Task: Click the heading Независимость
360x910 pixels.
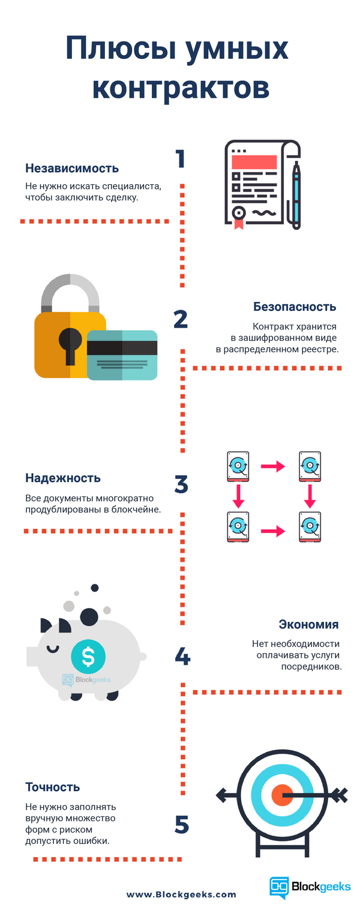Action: (72, 168)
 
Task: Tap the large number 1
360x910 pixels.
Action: (180, 159)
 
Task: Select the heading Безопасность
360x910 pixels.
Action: (294, 307)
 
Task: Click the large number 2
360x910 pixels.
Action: (181, 319)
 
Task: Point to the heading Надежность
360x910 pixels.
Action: (63, 478)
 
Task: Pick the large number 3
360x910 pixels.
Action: (181, 484)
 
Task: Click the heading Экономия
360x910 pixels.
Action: (309, 624)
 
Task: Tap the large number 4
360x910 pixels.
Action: (182, 656)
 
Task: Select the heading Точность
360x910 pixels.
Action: (53, 787)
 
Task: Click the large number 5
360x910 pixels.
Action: (182, 825)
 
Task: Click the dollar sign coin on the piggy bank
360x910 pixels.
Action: (88, 656)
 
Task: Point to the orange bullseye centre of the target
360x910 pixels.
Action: (281, 795)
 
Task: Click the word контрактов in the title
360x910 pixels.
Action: (181, 86)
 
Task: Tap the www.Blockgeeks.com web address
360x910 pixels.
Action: (181, 894)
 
